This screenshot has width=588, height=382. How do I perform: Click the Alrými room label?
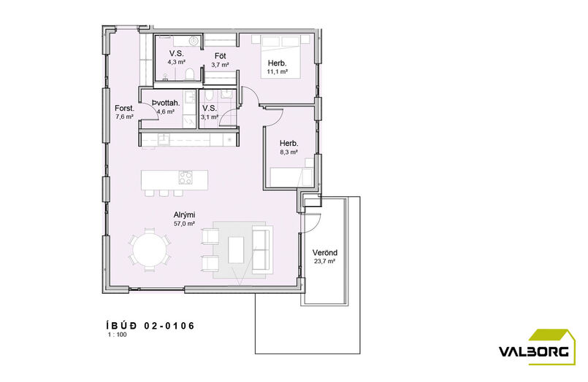[x=184, y=215]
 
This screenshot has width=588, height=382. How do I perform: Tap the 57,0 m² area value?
[x=184, y=224]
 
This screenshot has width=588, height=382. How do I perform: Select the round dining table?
[x=150, y=249]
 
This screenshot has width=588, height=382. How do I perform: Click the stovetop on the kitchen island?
[x=186, y=177]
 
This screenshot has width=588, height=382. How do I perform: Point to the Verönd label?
[x=325, y=252]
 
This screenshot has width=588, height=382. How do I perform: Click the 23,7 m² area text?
[x=325, y=261]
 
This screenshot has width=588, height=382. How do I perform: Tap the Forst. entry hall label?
[x=124, y=108]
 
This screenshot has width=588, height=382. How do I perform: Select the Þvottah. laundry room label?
[x=166, y=103]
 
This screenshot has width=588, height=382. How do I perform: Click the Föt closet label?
[x=220, y=56]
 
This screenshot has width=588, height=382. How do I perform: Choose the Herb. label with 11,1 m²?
[x=277, y=63]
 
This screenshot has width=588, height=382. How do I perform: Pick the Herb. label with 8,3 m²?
[x=289, y=144]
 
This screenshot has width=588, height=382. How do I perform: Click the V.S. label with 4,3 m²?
[x=176, y=53]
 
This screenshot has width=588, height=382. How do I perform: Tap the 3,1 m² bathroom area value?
[x=209, y=117]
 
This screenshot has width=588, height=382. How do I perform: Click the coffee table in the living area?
[x=236, y=249]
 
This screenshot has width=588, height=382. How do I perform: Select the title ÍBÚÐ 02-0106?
[x=150, y=326]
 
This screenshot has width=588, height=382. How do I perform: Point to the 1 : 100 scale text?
[x=118, y=335]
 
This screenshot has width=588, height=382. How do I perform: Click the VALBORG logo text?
[x=534, y=351]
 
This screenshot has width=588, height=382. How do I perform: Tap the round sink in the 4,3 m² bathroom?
[x=194, y=40]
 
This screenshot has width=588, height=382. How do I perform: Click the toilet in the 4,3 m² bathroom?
[x=189, y=74]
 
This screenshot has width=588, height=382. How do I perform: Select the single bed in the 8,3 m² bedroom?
[x=291, y=177]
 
